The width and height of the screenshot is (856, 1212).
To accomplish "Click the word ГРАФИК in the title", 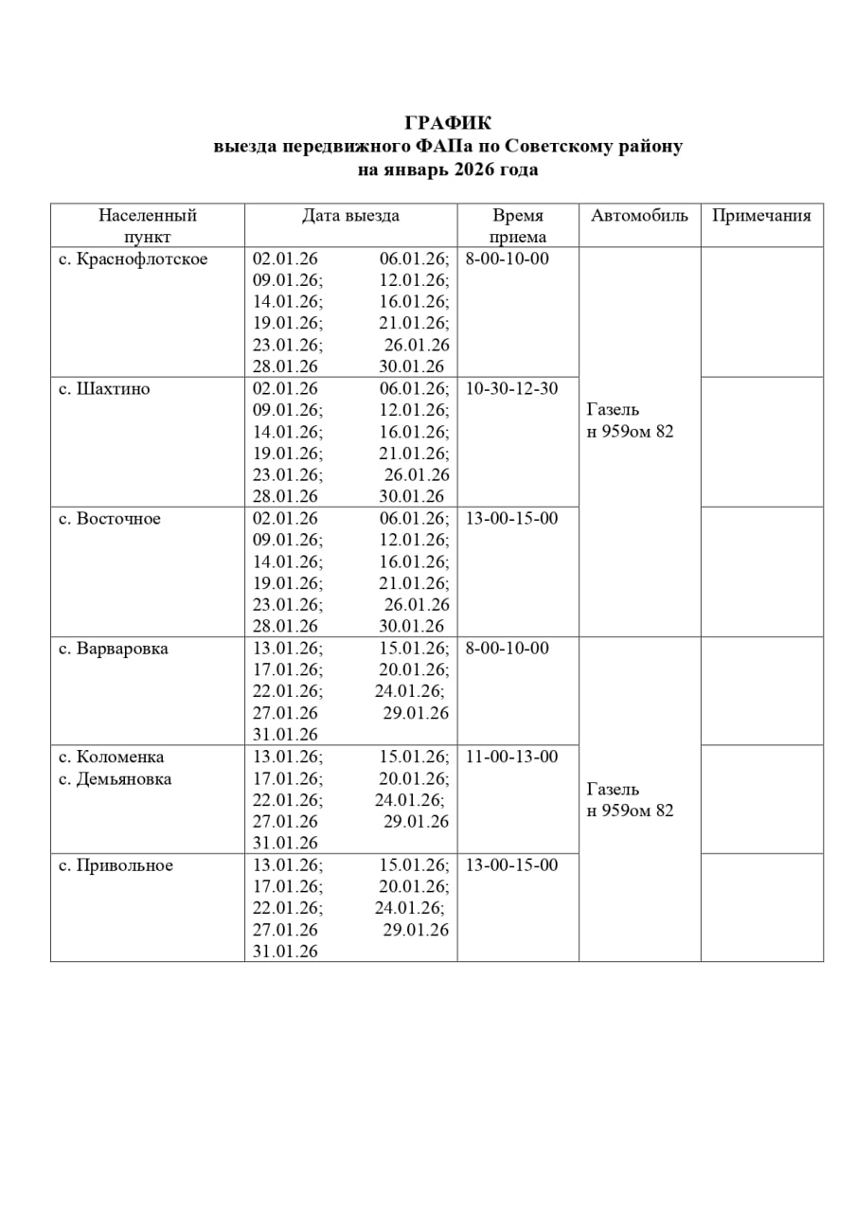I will [448, 123].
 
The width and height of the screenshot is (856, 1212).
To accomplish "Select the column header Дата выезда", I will [350, 216].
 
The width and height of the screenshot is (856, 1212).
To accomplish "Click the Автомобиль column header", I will [639, 216].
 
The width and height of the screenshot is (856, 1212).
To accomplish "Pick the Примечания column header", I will [761, 216].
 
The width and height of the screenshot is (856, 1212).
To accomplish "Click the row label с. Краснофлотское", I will [133, 258].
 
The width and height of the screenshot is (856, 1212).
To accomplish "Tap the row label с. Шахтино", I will [104, 389].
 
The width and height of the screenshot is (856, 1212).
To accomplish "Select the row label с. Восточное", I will [110, 519].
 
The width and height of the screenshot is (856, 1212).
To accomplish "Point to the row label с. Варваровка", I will [114, 649].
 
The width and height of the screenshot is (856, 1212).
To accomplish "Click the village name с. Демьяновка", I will [116, 779].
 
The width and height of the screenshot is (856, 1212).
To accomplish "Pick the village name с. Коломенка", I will [112, 757].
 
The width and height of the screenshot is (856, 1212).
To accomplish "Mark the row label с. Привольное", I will [116, 865].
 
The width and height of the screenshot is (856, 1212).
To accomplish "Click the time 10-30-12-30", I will [512, 389].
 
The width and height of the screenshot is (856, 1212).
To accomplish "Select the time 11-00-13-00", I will [512, 757].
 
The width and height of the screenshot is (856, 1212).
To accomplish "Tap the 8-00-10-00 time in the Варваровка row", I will [508, 649].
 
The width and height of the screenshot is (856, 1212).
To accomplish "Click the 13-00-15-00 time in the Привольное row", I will [512, 865].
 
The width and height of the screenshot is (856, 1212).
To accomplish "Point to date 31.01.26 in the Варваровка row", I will [285, 735].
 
